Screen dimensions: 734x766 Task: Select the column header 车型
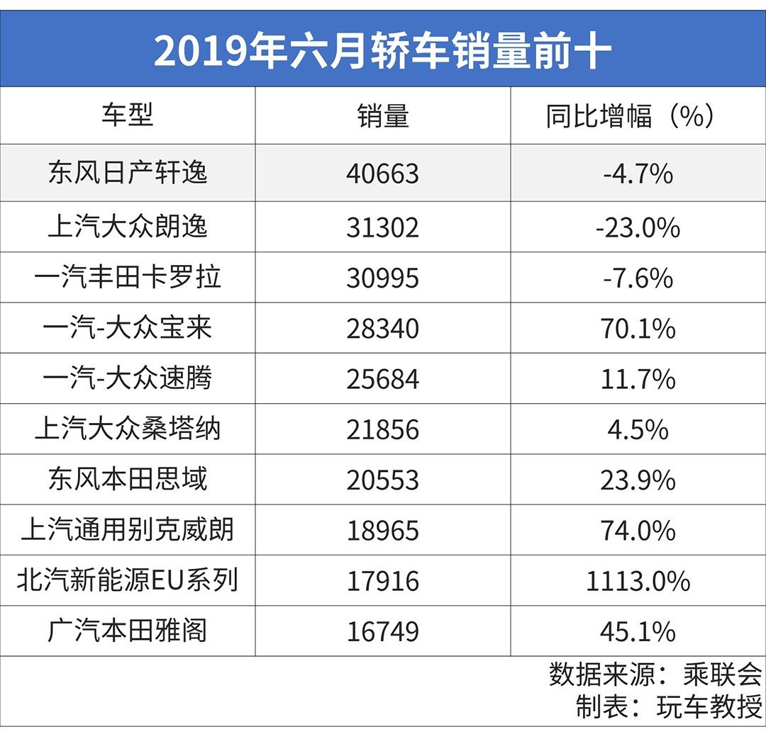[128, 115]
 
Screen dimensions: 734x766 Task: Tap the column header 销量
[383, 115]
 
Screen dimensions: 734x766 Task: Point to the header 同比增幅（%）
[629, 115]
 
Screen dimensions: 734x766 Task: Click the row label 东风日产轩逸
[128, 173]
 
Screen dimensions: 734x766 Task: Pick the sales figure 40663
[383, 174]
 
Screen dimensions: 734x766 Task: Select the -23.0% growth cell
[638, 227]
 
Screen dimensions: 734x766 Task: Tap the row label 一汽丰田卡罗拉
[128, 277]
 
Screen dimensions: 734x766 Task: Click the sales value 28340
[383, 329]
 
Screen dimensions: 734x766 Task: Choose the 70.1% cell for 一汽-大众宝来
[638, 329]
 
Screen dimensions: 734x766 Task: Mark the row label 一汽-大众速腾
[128, 379]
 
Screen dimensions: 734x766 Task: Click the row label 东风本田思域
[128, 480]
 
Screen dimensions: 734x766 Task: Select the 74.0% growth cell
[638, 531]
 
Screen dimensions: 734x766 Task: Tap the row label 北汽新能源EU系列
[128, 581]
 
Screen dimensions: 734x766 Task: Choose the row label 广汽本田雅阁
[128, 631]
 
